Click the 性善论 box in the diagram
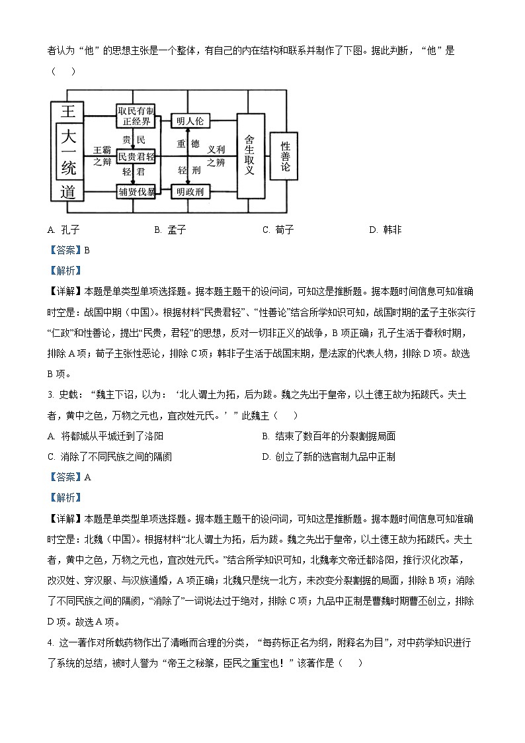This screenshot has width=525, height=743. tap(286, 156)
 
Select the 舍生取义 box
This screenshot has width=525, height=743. tap(249, 155)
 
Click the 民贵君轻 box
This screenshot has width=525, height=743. tap(136, 156)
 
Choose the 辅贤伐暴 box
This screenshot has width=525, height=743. tap(136, 192)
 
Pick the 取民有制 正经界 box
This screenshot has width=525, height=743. tap(136, 115)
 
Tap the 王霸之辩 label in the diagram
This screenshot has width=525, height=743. tap(102, 155)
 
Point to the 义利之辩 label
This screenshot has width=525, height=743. tap(216, 156)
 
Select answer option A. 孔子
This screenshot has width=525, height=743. tap(64, 230)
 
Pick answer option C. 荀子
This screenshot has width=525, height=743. tap(278, 230)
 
